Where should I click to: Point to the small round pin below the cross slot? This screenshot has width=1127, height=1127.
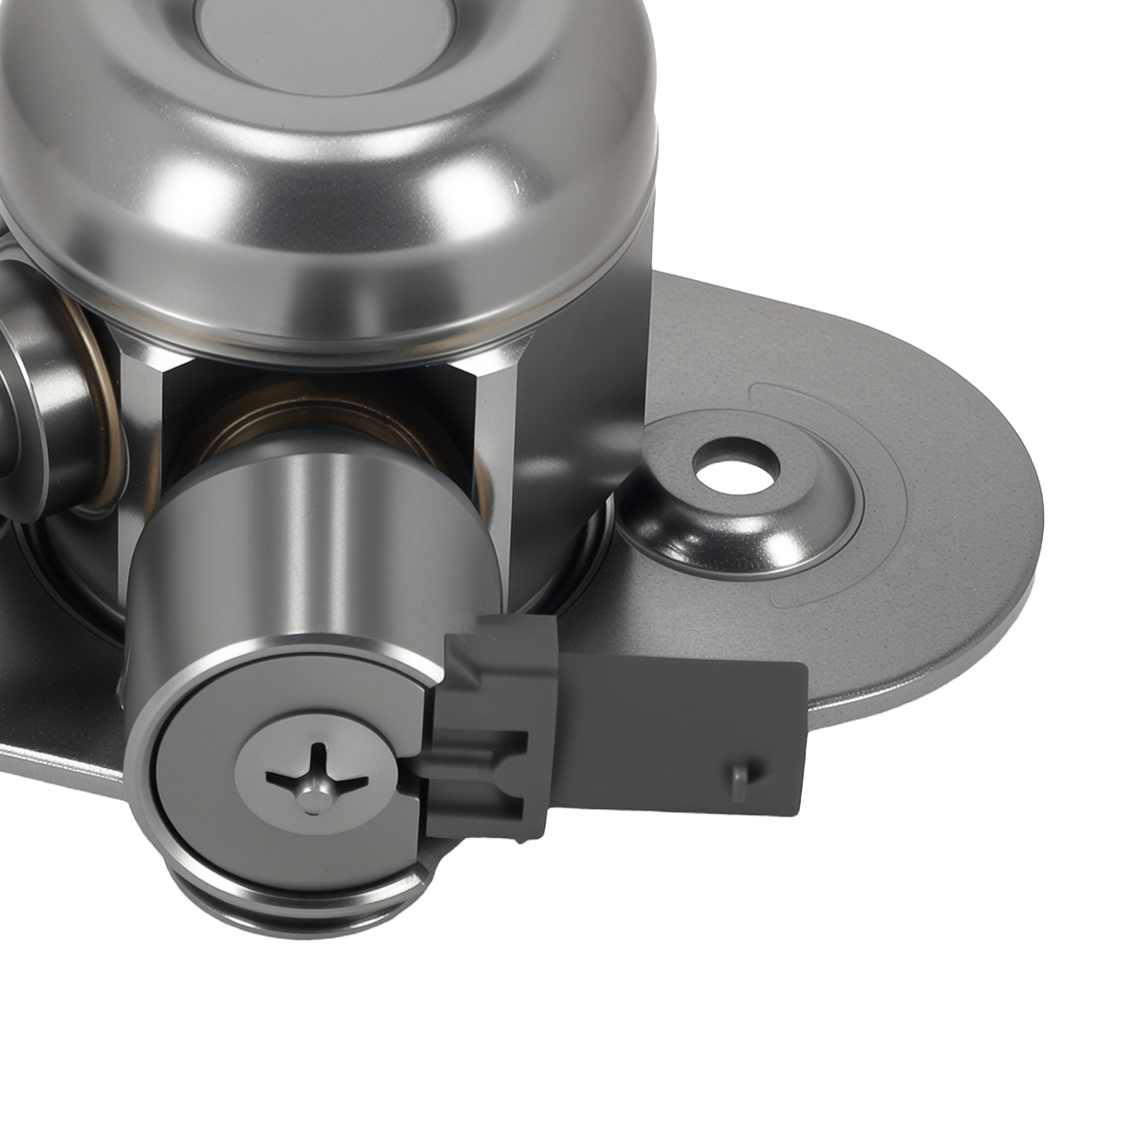coord(313,799)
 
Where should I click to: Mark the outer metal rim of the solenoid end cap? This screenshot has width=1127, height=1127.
coord(162,775)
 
